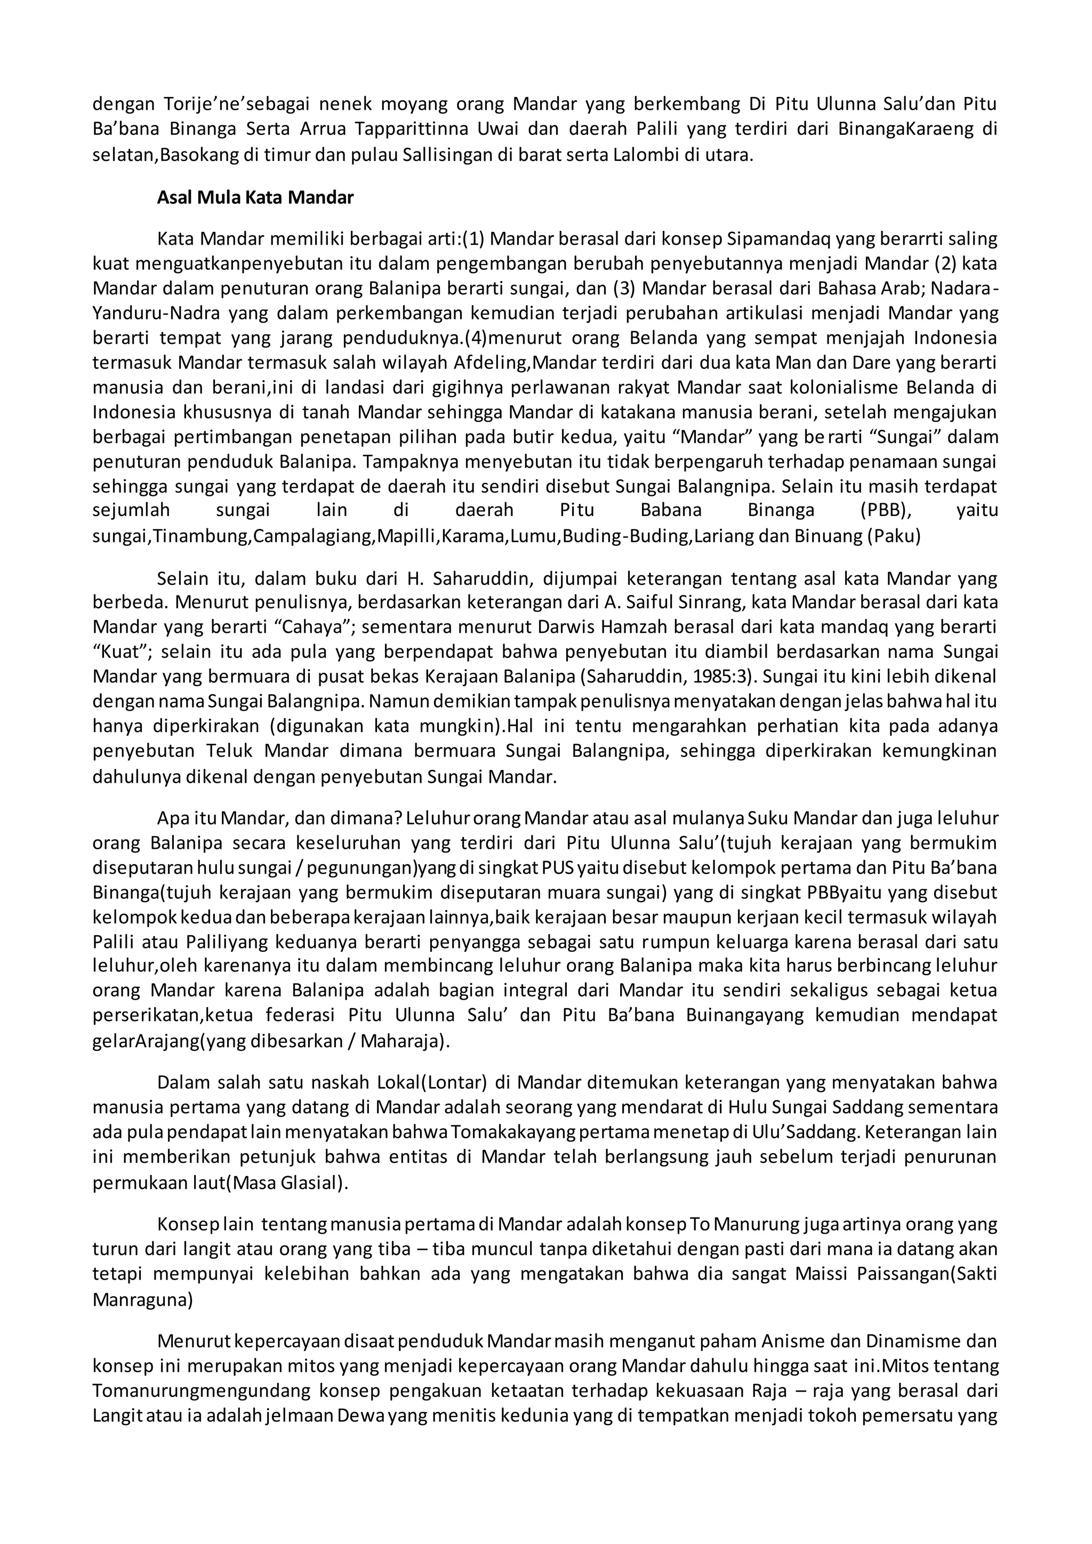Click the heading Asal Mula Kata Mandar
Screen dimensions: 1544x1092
(x=255, y=198)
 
